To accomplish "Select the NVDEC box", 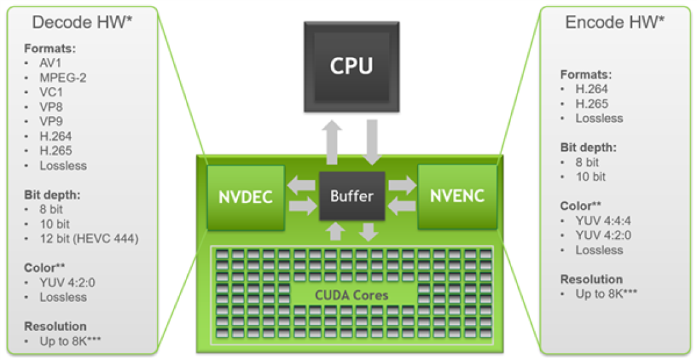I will (x=245, y=197).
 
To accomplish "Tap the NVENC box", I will (x=457, y=196).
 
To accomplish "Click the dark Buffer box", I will (x=352, y=196).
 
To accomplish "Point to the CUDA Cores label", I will (x=352, y=295).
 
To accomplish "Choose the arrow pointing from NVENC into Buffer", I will (x=402, y=206).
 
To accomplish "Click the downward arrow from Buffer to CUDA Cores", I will (x=369, y=231).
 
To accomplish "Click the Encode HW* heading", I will (x=614, y=22).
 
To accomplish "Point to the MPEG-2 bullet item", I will (x=63, y=78).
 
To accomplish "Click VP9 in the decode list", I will (x=51, y=121).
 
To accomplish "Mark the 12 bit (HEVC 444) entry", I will (x=88, y=239).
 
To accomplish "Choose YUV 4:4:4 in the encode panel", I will (x=604, y=221).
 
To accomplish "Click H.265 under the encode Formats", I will (x=592, y=104).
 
